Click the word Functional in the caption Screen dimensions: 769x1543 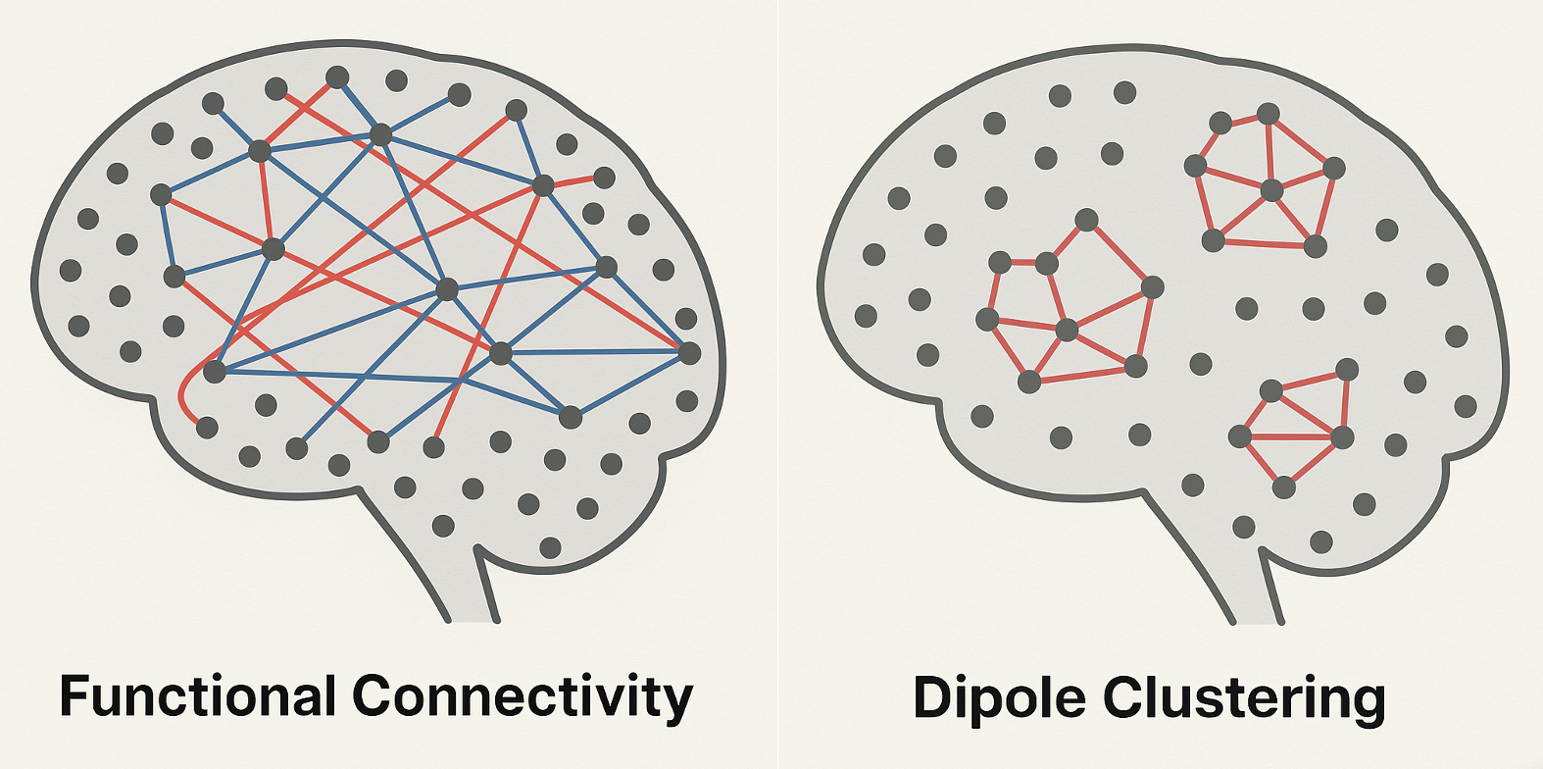tap(191, 696)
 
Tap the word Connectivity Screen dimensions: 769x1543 tap(523, 696)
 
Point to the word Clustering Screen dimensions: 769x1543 tap(1245, 698)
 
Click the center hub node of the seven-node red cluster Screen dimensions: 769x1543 tap(1271, 190)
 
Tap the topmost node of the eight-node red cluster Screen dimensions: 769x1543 tap(1085, 219)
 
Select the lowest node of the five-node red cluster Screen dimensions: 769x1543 tap(1283, 486)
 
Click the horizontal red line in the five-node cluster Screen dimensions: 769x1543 tap(1291, 436)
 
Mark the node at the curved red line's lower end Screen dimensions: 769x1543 tap(207, 427)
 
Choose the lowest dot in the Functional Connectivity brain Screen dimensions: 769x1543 tap(550, 546)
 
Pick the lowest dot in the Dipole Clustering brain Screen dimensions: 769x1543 tap(1320, 540)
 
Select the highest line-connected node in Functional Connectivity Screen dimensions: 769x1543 tap(337, 77)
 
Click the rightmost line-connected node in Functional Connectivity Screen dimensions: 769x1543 tap(689, 353)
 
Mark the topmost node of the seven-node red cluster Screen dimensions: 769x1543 tap(1269, 114)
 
